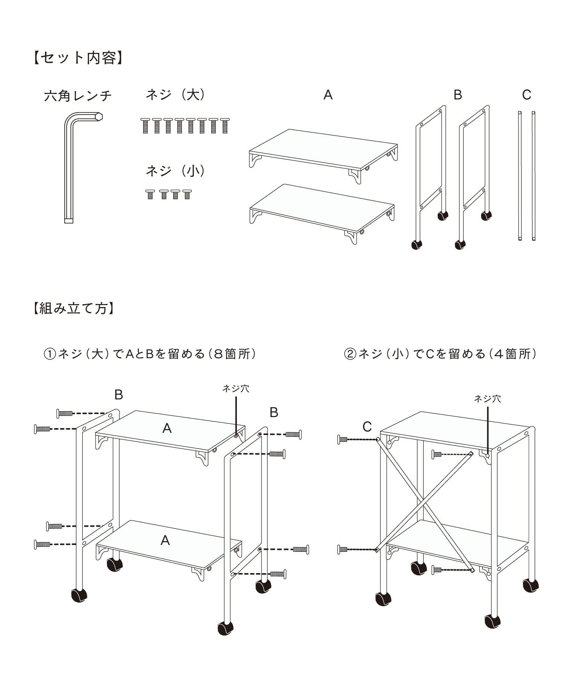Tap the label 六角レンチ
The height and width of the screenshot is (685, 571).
(x=78, y=96)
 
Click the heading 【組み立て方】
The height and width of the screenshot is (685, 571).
(x=73, y=308)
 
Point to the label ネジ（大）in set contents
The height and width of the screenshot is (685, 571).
(x=175, y=95)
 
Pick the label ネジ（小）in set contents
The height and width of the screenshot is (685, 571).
(x=175, y=171)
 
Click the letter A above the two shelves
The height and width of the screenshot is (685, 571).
(x=328, y=95)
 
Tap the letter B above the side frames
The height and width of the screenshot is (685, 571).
(x=458, y=95)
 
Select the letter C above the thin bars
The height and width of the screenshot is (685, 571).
(x=526, y=95)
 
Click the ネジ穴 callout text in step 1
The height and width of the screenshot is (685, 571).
(x=236, y=389)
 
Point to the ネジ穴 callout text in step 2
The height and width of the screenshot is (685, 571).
(x=487, y=399)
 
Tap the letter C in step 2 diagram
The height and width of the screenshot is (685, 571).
(x=367, y=427)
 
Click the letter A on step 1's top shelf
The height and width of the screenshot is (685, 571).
(x=167, y=429)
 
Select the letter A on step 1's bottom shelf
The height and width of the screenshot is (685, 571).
(x=165, y=540)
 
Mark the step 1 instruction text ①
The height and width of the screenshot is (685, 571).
(x=150, y=354)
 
